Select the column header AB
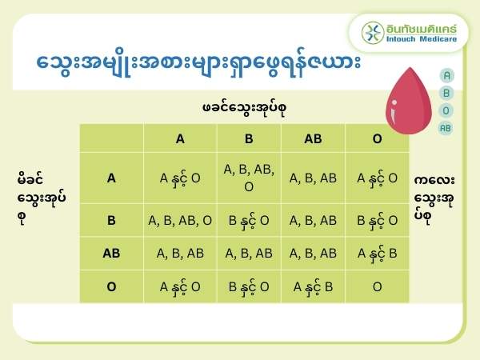(313, 138)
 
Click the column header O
(377, 138)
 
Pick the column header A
(180, 138)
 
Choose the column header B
(249, 138)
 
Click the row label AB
(112, 254)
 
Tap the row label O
(112, 286)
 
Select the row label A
(112, 178)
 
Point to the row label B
(112, 220)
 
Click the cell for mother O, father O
(377, 286)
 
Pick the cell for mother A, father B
(249, 178)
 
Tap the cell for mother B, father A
(180, 220)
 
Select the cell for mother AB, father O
(377, 254)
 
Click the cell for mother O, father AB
(313, 286)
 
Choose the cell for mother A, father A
(180, 178)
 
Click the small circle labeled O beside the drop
(446, 110)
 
